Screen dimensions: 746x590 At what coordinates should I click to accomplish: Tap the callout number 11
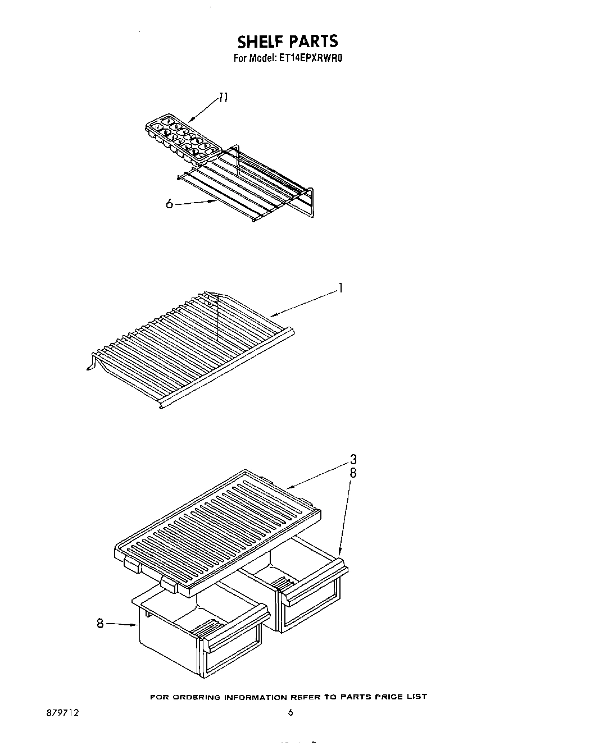[x=223, y=99]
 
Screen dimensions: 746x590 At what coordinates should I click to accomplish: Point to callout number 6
[x=169, y=204]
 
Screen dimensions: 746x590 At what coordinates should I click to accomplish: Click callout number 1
[x=340, y=289]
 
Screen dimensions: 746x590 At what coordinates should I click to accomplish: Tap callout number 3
[x=353, y=459]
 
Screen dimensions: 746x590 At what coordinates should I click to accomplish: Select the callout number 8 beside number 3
[x=353, y=473]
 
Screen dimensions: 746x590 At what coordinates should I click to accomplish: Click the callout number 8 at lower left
[x=100, y=623]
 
